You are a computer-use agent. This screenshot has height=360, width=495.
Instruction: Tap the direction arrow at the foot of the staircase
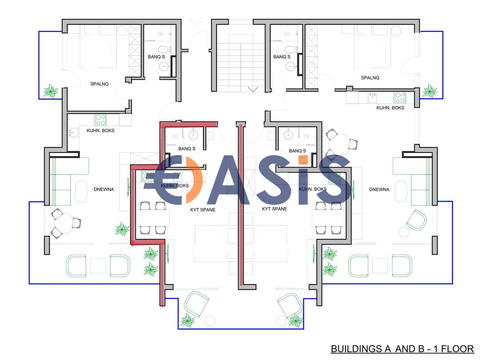coord(253,89)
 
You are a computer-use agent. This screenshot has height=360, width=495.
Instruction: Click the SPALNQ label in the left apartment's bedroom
coord(99,84)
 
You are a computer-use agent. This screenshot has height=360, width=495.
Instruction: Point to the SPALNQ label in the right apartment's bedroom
coord(370,78)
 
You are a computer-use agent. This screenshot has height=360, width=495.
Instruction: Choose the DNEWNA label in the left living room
coord(104,189)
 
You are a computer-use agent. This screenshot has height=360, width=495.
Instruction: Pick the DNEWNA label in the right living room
coord(379,189)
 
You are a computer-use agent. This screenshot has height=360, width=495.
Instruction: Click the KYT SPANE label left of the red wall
coord(203,210)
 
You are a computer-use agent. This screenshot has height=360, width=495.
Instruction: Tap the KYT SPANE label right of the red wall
coord(275,209)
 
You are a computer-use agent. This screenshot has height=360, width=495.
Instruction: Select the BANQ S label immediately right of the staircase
coord(282,57)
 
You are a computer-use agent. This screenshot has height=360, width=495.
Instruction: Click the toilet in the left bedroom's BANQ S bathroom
coord(164,50)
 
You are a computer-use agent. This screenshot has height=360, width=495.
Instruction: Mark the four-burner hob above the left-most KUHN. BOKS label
coord(101,120)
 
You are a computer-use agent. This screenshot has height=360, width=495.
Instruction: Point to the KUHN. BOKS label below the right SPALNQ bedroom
coord(390,108)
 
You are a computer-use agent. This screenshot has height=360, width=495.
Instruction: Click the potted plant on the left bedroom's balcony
coord(50,91)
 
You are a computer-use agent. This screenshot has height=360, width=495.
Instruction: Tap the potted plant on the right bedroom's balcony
coord(429,91)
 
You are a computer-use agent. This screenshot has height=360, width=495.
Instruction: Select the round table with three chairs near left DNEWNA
coord(65,223)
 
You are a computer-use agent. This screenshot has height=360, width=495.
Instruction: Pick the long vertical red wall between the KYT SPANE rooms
coord(241,205)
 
